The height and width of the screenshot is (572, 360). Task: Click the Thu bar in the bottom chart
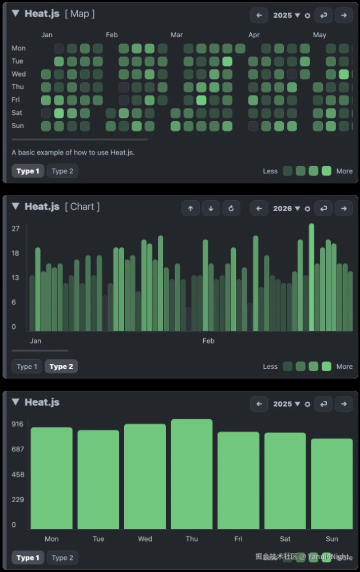click(x=192, y=475)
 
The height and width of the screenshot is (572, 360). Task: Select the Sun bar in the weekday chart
click(x=332, y=484)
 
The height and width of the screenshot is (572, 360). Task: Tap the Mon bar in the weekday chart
click(x=52, y=478)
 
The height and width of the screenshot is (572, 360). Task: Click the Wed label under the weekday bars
click(x=145, y=539)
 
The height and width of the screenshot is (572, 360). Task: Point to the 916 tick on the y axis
click(x=18, y=424)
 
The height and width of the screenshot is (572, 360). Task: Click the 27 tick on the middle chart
click(x=15, y=229)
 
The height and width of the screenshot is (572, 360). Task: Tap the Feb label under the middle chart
click(x=208, y=341)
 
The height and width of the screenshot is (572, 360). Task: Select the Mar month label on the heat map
click(x=177, y=35)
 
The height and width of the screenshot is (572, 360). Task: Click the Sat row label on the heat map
click(x=18, y=113)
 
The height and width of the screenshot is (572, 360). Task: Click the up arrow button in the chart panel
click(x=191, y=209)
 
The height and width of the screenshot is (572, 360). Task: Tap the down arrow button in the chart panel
click(x=211, y=209)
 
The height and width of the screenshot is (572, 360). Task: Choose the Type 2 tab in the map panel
click(x=62, y=171)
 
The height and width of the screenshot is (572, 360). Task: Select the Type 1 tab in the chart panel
click(x=27, y=367)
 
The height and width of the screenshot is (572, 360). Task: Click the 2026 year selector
click(x=286, y=209)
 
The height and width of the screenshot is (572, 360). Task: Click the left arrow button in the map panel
click(x=259, y=15)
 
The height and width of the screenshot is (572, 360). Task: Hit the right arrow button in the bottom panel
click(x=343, y=404)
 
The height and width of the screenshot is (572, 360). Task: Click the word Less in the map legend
click(x=270, y=171)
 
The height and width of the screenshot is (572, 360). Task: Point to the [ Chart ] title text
click(x=82, y=206)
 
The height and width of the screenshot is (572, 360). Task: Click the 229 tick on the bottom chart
click(x=18, y=499)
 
